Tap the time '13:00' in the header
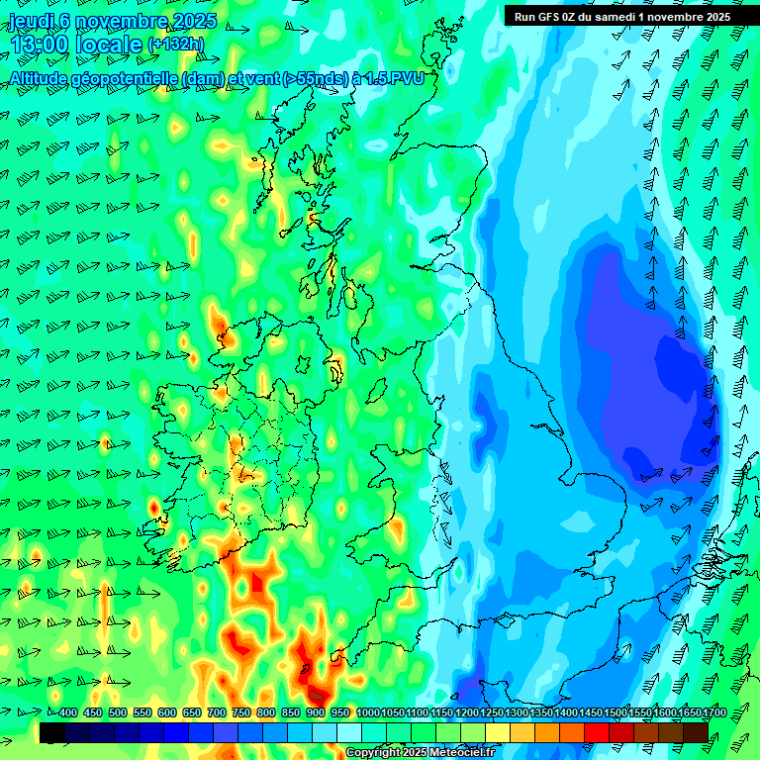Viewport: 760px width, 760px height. click(x=40, y=45)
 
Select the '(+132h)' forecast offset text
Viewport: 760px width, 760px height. click(x=176, y=44)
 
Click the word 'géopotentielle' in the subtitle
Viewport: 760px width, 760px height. click(x=124, y=77)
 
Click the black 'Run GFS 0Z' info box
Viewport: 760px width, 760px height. click(x=622, y=16)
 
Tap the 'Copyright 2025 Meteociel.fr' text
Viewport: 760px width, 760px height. click(x=420, y=753)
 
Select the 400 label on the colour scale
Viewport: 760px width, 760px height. click(x=67, y=712)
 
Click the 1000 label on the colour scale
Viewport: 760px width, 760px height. click(x=368, y=712)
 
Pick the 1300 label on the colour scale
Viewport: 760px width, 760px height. click(x=517, y=712)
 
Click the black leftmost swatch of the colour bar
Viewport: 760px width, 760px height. click(x=52, y=732)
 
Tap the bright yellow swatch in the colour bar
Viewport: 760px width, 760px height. click(x=498, y=732)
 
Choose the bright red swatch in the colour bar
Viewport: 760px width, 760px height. click(x=597, y=732)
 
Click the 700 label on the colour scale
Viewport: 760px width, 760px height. click(x=217, y=712)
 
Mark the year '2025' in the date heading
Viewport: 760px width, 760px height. click(x=194, y=22)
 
